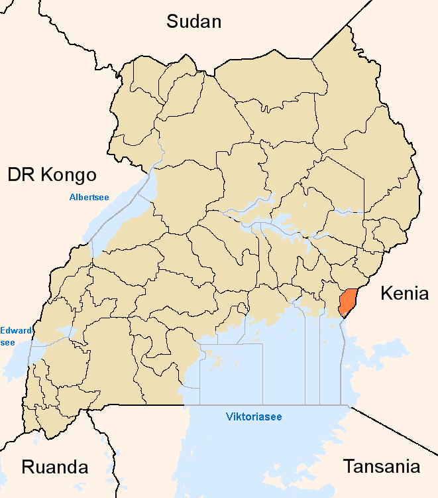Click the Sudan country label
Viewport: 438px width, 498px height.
193,21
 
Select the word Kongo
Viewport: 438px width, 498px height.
68,175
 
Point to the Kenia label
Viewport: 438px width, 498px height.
404,293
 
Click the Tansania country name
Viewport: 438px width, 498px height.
381,466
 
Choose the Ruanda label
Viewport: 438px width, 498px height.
55,466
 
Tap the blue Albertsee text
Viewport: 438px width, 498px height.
89,197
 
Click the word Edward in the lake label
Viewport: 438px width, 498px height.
13,330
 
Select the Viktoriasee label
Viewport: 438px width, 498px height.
254,417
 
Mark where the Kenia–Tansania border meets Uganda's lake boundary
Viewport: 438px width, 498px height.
349,406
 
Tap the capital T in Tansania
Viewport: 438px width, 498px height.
349,466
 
